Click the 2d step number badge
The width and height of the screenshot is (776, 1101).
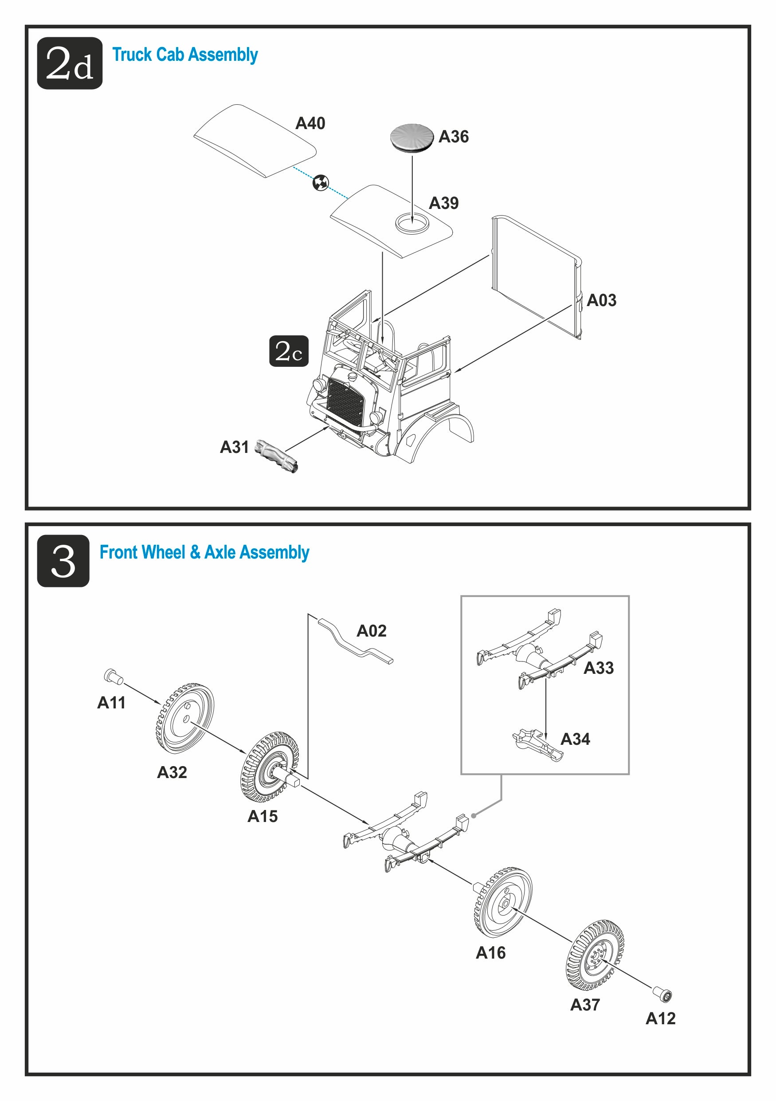(x=70, y=63)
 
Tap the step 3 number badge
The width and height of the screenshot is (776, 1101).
(x=63, y=561)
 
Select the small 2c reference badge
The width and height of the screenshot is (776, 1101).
(x=289, y=351)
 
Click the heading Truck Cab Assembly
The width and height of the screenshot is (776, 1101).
(x=184, y=55)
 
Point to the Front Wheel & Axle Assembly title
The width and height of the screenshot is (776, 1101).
(x=204, y=552)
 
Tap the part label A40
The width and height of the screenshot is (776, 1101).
(x=310, y=123)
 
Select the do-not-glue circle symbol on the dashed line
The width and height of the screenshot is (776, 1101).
(x=321, y=182)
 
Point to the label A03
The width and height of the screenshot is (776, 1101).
(x=602, y=300)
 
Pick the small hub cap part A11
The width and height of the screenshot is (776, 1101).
(x=113, y=676)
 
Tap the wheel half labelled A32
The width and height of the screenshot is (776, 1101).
(x=184, y=718)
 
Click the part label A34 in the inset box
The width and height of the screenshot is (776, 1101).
(x=575, y=739)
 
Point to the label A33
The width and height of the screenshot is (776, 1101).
(x=598, y=668)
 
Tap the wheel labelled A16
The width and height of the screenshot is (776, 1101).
(x=503, y=902)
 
